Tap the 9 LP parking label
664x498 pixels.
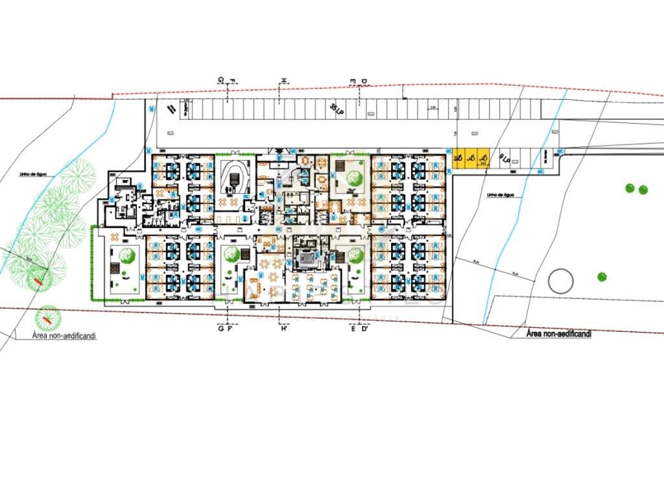pos(504,157)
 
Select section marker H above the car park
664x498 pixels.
pos(283,80)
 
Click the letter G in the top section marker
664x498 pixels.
pos(221,80)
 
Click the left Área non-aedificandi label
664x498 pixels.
pos(64,337)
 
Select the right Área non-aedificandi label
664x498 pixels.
pos(558,333)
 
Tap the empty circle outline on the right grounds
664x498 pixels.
pos(561,281)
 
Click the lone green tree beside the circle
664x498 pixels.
pos(602,277)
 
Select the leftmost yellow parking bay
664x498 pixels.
pos(458,159)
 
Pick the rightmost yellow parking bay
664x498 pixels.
pos(482,159)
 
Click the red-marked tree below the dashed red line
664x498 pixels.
pos(47,318)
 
